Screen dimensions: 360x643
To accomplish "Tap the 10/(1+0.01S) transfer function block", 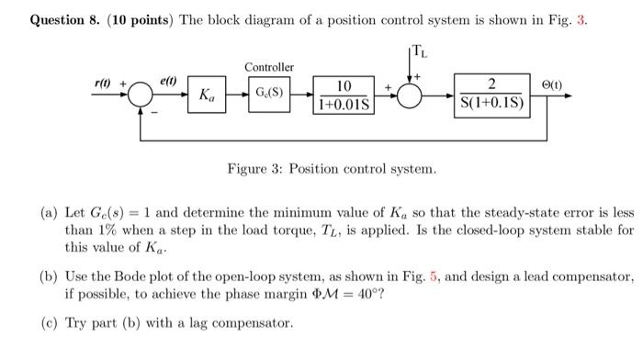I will pyautogui.click(x=344, y=95).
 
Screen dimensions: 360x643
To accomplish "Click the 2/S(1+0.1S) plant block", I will pyautogui.click(x=491, y=94).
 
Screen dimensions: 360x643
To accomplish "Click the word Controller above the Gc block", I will pyautogui.click(x=269, y=67).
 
